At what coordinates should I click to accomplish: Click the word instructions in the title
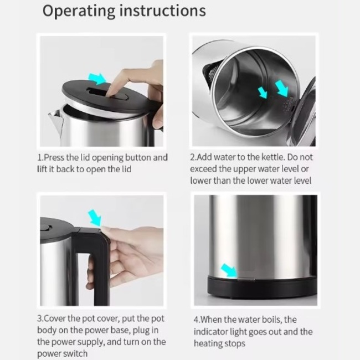point(163,11)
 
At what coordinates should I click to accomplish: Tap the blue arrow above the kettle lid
point(97,79)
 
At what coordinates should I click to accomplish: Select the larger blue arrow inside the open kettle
point(281,89)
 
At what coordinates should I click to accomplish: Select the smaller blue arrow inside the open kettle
point(263,92)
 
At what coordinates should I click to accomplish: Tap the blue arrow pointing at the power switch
point(95,218)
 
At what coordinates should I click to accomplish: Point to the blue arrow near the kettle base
point(229,270)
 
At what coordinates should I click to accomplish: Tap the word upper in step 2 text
point(244,169)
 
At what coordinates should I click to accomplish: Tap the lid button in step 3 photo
point(46,228)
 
